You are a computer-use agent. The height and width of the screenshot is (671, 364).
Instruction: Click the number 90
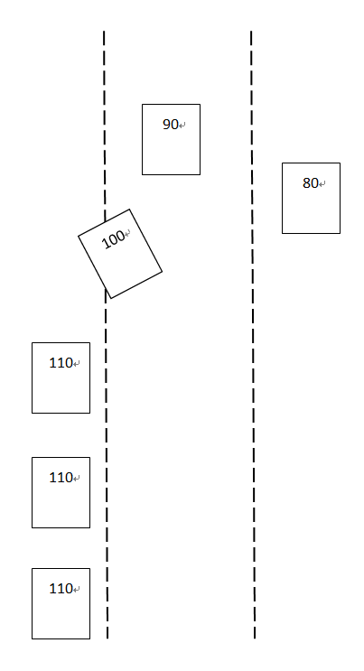(171, 125)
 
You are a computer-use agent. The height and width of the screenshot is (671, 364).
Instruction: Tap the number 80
(311, 183)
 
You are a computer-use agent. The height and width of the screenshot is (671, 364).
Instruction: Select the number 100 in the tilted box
(113, 239)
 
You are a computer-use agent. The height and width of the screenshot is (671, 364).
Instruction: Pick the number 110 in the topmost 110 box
(61, 363)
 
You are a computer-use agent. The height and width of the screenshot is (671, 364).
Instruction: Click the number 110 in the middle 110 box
(61, 478)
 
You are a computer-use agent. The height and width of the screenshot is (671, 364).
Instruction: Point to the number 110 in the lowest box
(61, 589)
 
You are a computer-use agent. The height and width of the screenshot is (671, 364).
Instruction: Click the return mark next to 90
(182, 126)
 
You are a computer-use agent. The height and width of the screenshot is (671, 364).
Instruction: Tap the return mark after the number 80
(322, 184)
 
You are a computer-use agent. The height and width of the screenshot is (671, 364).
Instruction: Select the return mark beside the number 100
(127, 233)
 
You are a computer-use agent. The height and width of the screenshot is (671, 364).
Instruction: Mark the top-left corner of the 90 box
(142, 104)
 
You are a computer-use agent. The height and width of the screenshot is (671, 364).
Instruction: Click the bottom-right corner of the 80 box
(340, 233)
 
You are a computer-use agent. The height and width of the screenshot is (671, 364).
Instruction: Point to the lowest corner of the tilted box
(111, 298)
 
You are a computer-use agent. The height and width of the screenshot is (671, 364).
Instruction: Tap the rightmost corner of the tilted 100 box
(163, 271)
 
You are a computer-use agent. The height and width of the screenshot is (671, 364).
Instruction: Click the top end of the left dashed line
(104, 31)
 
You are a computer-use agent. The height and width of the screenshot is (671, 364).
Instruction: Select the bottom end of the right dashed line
(255, 638)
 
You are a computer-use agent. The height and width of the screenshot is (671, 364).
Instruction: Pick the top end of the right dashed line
(251, 31)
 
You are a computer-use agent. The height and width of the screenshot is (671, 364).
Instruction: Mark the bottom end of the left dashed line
(107, 638)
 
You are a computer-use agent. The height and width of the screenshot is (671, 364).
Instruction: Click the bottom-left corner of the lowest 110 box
(33, 638)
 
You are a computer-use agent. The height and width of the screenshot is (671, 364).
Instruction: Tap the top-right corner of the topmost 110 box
(90, 342)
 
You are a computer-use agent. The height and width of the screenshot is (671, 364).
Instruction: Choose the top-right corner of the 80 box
(340, 163)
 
